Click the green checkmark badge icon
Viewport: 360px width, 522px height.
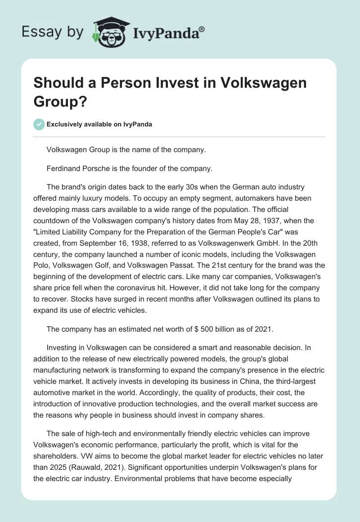pyautogui.click(x=39, y=124)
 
